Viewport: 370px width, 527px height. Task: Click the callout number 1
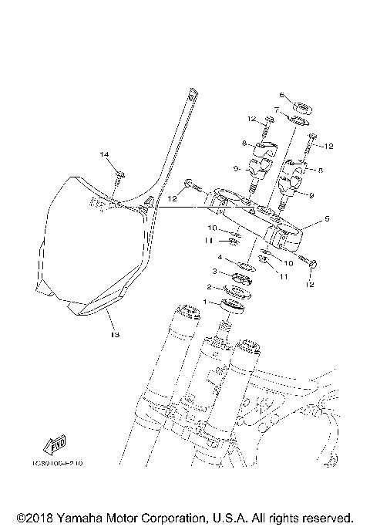pos(206,302)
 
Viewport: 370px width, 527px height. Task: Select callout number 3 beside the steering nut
pos(215,272)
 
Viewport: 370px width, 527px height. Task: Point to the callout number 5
pos(326,219)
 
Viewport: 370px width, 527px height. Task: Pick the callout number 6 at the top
pos(283,95)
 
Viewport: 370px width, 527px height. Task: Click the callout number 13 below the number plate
pos(115,335)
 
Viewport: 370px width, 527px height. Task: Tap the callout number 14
pos(105,155)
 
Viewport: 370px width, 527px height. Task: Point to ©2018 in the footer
pos(31,517)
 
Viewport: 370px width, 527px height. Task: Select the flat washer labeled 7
pos(297,119)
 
